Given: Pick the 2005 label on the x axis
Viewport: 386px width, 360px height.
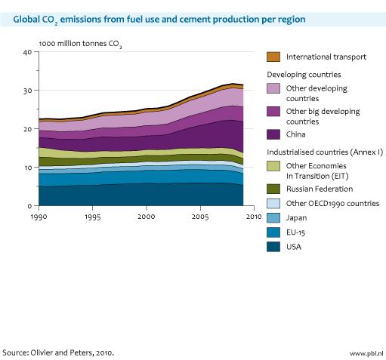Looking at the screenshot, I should click(x=200, y=217).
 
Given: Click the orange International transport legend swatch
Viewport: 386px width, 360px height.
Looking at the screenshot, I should click(x=274, y=56).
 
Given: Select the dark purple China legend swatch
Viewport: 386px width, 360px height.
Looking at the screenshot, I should click(x=274, y=134).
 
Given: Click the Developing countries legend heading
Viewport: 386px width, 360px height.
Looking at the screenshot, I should click(x=305, y=74).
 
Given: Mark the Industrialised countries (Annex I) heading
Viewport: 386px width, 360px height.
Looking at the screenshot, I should click(x=325, y=152).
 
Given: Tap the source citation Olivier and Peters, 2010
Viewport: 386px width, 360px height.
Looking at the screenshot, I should click(x=58, y=352).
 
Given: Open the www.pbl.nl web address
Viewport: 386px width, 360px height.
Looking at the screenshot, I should click(x=366, y=352).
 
